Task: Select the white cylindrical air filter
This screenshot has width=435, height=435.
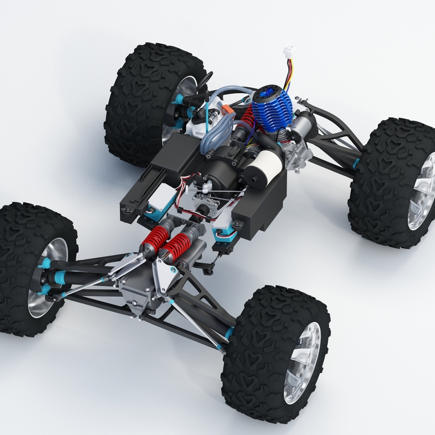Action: tap(268, 163)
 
